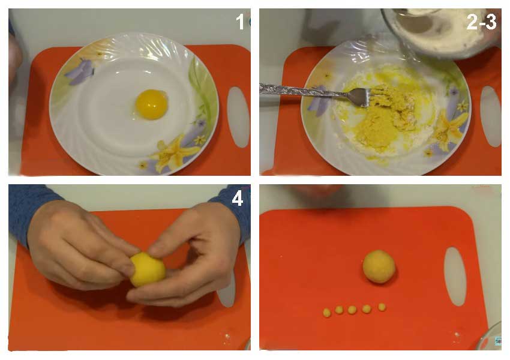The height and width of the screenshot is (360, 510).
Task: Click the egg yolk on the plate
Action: (152, 104)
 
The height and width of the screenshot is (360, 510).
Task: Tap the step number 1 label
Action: (240, 22)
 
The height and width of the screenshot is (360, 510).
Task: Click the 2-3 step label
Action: (481, 22)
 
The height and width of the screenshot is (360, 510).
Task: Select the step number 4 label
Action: (238, 199)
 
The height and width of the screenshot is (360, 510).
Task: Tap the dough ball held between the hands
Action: (148, 269)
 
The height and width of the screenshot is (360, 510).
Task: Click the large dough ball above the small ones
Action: (379, 266)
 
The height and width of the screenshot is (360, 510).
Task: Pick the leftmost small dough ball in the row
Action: (326, 313)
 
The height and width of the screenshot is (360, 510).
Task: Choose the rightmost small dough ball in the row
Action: (382, 307)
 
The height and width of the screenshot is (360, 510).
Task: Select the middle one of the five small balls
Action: (352, 310)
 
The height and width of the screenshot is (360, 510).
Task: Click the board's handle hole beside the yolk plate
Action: (238, 117)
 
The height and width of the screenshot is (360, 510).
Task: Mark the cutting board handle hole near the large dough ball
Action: (455, 277)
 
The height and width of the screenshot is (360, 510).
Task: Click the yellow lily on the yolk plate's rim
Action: (174, 153)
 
